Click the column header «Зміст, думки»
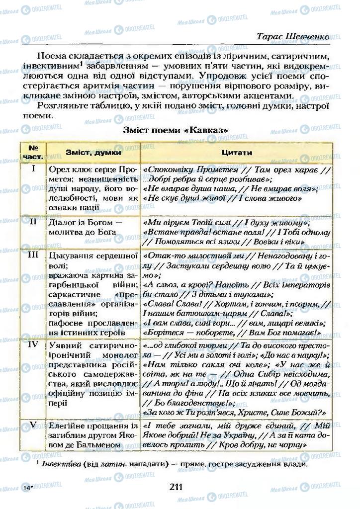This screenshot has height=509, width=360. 93,153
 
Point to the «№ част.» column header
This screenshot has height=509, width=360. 33,152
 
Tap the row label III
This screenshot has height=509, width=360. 33,254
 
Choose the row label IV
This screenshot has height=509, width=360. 33,343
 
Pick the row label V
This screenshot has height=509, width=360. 33,425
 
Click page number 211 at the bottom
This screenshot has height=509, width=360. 177,487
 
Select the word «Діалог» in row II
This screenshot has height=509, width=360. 64,222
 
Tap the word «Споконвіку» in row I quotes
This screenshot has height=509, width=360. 169,170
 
